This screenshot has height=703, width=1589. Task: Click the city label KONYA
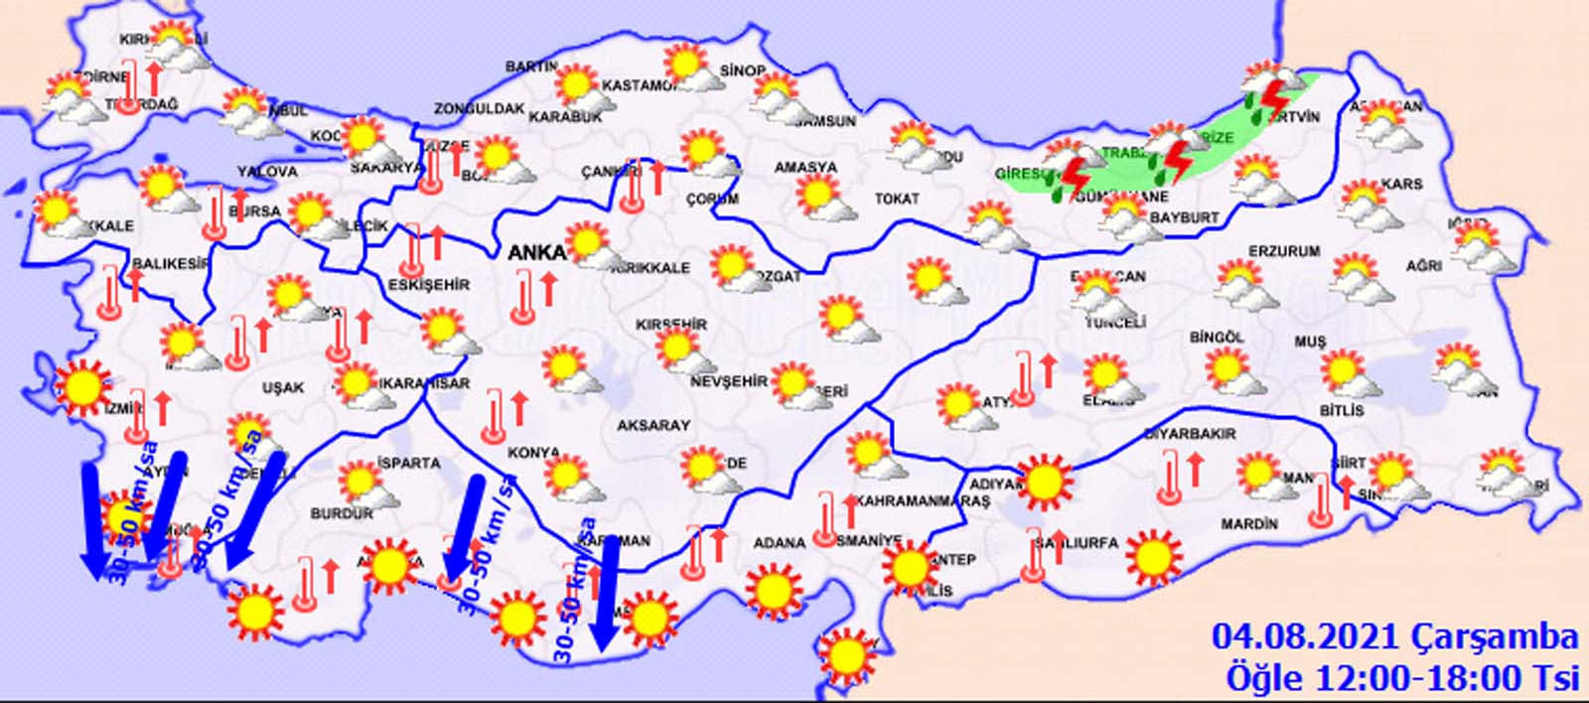(534, 453)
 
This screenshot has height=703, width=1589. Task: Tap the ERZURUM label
(1283, 252)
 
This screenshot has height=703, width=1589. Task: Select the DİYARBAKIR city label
(1190, 434)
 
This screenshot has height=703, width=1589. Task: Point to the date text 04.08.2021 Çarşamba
(1394, 636)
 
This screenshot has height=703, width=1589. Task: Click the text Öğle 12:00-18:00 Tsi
(1401, 678)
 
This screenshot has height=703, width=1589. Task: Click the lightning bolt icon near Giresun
(1076, 176)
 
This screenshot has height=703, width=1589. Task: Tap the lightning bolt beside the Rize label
(1178, 160)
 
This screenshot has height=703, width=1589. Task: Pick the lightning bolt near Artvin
(1273, 97)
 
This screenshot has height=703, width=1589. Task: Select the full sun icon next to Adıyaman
(1044, 482)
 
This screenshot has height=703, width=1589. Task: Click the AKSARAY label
(652, 425)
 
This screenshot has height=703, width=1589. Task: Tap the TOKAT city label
(896, 200)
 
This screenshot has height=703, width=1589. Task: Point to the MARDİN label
(1249, 523)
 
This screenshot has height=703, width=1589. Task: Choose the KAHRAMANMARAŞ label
(923, 501)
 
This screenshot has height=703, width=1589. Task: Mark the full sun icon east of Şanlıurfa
(1153, 557)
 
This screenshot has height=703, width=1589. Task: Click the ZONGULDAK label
(478, 108)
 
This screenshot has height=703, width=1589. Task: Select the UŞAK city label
(283, 387)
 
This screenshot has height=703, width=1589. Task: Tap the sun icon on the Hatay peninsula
(846, 654)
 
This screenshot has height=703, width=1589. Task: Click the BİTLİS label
(1341, 410)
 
